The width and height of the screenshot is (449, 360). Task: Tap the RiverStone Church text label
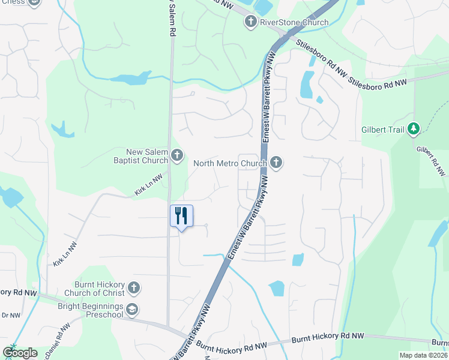294,23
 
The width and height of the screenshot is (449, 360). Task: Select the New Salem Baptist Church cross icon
176,156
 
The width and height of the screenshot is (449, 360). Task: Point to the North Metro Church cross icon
276,163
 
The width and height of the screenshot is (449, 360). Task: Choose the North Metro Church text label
229,163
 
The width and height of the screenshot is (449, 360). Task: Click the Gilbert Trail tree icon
413,128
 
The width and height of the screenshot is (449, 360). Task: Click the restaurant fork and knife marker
182,216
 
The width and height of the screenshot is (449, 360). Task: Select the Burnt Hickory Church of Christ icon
133,288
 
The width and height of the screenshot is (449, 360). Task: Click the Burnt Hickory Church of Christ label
99,288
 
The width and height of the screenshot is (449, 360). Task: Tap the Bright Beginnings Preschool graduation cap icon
133,310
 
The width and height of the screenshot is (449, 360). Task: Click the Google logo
19,353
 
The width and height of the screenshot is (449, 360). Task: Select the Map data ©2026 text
423,355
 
